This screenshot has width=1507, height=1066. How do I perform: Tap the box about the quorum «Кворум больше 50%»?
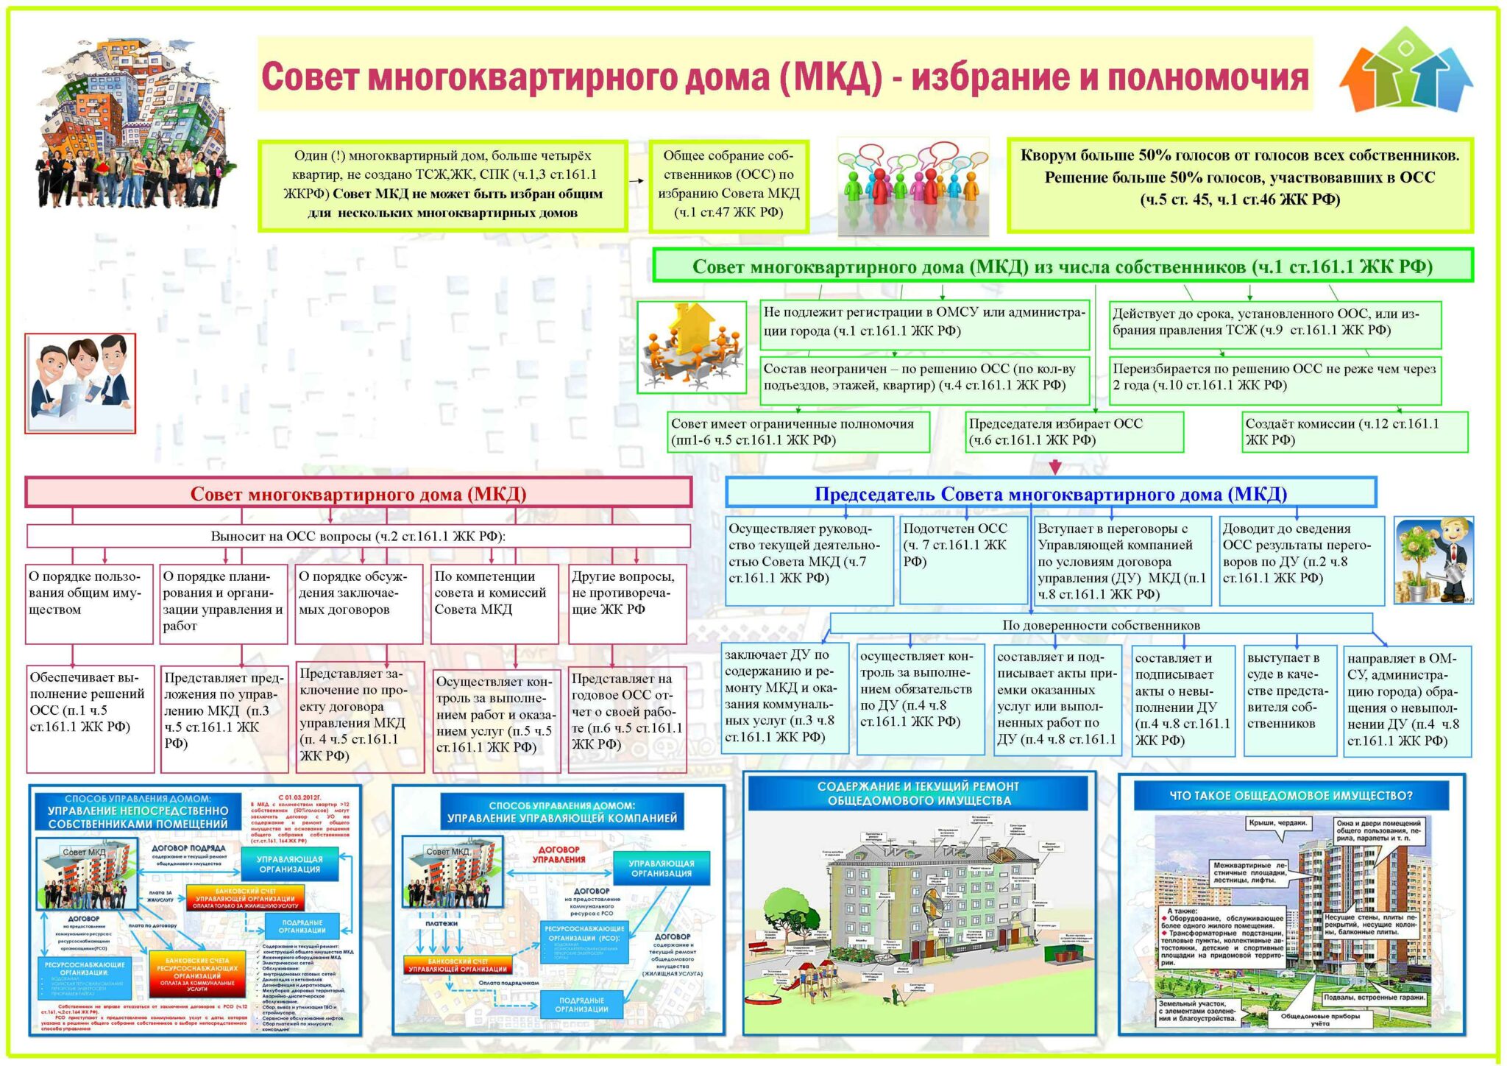(x=1240, y=184)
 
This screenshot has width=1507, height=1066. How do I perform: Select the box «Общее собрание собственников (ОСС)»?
(x=728, y=186)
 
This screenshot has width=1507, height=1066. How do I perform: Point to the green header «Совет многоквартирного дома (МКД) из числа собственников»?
(x=1062, y=266)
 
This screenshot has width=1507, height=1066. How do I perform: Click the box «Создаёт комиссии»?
(x=1354, y=431)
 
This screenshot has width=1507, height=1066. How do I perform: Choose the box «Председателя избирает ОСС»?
(x=1074, y=431)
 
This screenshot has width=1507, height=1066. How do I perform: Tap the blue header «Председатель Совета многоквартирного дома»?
(x=1050, y=493)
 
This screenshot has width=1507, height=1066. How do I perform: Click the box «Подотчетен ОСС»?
(x=963, y=560)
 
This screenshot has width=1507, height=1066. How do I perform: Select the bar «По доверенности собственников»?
(x=1101, y=624)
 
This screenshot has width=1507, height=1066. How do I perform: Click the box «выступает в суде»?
(x=1290, y=699)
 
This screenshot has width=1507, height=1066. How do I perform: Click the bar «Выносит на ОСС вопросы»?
(x=358, y=536)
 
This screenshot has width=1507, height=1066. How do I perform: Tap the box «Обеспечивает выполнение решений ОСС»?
(x=90, y=717)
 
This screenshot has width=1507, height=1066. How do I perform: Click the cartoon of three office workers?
(x=80, y=383)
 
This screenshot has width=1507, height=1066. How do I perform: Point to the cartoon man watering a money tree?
(x=1433, y=560)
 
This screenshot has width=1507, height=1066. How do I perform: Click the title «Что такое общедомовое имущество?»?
(x=1291, y=795)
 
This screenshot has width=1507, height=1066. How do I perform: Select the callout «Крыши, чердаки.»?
(x=1277, y=823)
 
